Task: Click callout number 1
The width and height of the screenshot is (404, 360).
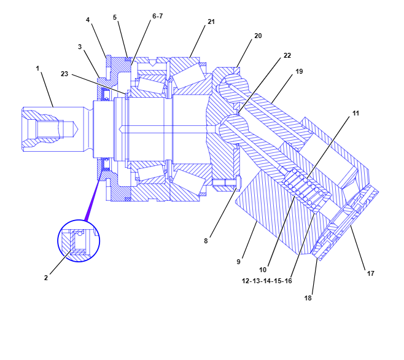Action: (37, 68)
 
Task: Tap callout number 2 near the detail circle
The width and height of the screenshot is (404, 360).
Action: (45, 278)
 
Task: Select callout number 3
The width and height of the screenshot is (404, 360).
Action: (80, 47)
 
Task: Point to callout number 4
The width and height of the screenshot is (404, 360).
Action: (88, 20)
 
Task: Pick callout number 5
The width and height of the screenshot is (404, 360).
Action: (114, 17)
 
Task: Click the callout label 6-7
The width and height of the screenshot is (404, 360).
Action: (157, 16)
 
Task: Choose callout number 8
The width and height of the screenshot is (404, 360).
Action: (206, 241)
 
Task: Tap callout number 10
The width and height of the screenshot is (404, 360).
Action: (263, 270)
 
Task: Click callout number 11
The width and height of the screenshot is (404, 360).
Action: (355, 114)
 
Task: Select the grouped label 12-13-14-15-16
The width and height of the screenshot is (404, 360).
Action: (267, 280)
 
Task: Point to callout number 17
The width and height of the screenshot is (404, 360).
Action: (370, 273)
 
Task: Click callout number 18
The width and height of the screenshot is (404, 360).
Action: (308, 298)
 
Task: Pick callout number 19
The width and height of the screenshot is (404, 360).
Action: (299, 71)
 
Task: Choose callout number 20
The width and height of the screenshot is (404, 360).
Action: (258, 36)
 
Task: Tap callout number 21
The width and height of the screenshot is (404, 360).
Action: (211, 22)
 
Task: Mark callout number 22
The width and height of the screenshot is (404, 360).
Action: (287, 55)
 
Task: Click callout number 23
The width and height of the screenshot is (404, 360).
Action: (64, 74)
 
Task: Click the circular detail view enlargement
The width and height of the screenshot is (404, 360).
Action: (79, 241)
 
